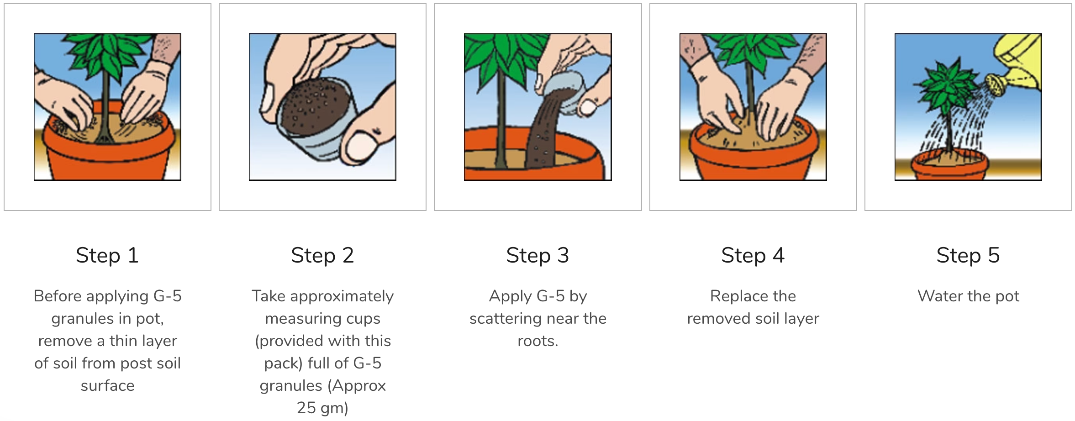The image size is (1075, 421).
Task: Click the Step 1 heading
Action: click(107, 255)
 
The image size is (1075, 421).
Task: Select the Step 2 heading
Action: click(322, 255)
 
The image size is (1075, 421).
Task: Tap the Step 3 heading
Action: click(537, 255)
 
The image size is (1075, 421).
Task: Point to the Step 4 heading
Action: click(753, 255)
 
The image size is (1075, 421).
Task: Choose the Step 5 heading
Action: click(968, 255)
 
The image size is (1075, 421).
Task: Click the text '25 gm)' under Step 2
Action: click(322, 408)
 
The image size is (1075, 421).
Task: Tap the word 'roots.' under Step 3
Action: click(537, 341)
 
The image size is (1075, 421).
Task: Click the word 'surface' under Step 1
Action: click(107, 386)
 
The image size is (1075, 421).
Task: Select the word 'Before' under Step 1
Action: click(58, 296)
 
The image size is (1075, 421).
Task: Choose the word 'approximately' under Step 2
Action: click(342, 296)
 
